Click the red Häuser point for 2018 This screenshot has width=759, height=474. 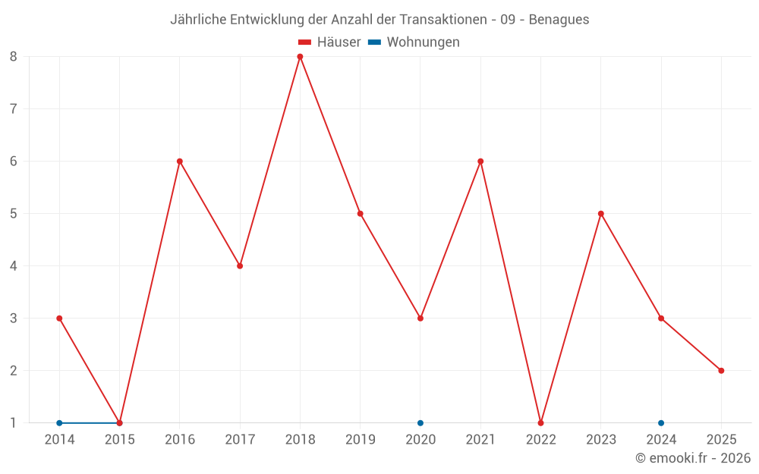(300, 57)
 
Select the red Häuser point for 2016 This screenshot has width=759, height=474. (180, 162)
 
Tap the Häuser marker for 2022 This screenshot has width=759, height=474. (540, 422)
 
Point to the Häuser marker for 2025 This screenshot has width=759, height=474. (721, 371)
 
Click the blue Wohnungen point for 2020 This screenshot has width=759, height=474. (420, 422)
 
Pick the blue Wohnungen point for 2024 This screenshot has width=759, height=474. (661, 422)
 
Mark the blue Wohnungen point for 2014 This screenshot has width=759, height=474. (59, 422)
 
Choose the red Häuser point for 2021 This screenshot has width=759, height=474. (480, 162)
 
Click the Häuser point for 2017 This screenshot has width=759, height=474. (240, 266)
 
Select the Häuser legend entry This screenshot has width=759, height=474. (329, 42)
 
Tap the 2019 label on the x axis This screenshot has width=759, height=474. (360, 440)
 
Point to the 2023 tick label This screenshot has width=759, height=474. (600, 440)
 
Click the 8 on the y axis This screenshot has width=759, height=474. (14, 57)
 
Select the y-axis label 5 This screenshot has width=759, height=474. (14, 214)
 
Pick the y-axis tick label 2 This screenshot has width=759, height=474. (14, 371)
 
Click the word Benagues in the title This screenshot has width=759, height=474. (559, 20)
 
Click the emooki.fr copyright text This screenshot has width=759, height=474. (693, 458)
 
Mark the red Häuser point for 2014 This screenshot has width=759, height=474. (59, 319)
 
